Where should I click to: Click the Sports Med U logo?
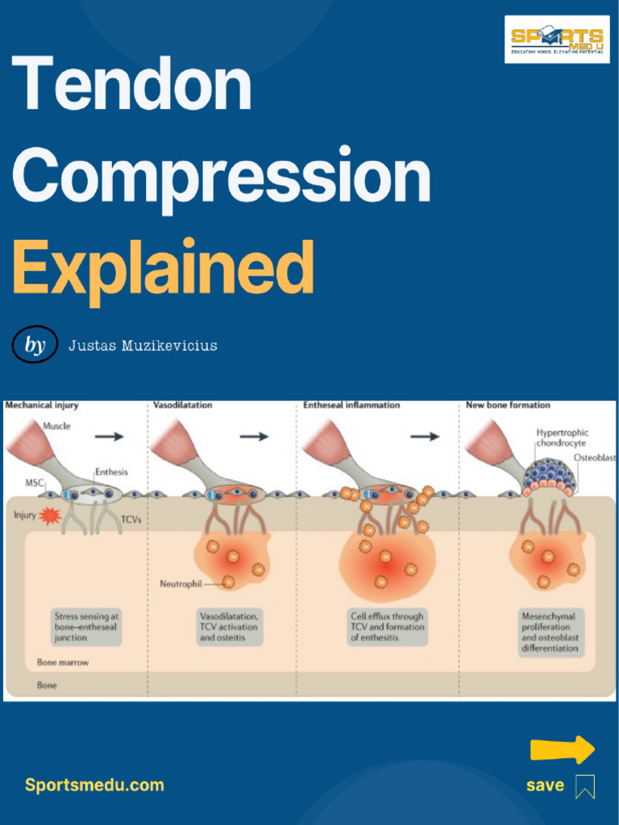[557, 39]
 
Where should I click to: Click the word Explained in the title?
[163, 268]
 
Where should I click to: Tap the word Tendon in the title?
[131, 85]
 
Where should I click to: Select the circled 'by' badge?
[35, 345]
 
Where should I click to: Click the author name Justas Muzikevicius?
[143, 346]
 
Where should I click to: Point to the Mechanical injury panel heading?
[42, 405]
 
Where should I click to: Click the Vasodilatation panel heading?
[183, 405]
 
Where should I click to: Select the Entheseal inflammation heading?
[351, 405]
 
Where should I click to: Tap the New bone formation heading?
[508, 405]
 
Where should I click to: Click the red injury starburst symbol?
[50, 515]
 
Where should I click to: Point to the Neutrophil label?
[181, 583]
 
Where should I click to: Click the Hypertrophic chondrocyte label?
[561, 437]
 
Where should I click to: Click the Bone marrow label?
[63, 662]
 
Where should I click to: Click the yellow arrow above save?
[562, 749]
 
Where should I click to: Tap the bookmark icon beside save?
[585, 786]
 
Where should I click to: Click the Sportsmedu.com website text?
[94, 785]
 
